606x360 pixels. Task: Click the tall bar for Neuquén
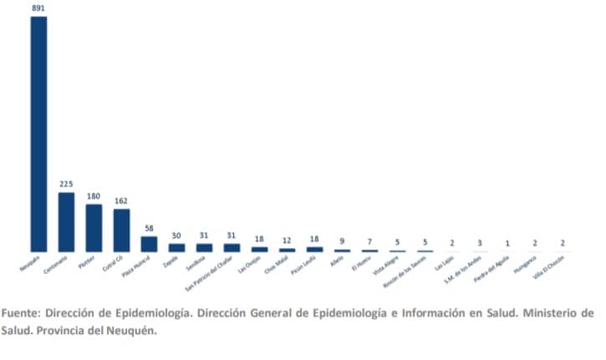pos(38,134)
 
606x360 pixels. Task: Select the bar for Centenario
pos(66,221)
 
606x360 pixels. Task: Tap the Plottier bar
pos(94,228)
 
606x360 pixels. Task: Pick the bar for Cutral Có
pos(121,230)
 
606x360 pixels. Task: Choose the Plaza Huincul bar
pos(149,244)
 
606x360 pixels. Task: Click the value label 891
pos(38,8)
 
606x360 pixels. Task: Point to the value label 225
pos(66,184)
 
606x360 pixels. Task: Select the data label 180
pos(94,196)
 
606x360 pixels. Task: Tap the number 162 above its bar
pos(121,200)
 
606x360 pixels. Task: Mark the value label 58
pos(149,228)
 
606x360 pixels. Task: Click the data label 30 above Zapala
pos(176,236)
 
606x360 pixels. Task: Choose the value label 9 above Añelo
pos(342,241)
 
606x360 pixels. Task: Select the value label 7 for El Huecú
pos(369,241)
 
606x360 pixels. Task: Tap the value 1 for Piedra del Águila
pos(507,243)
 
